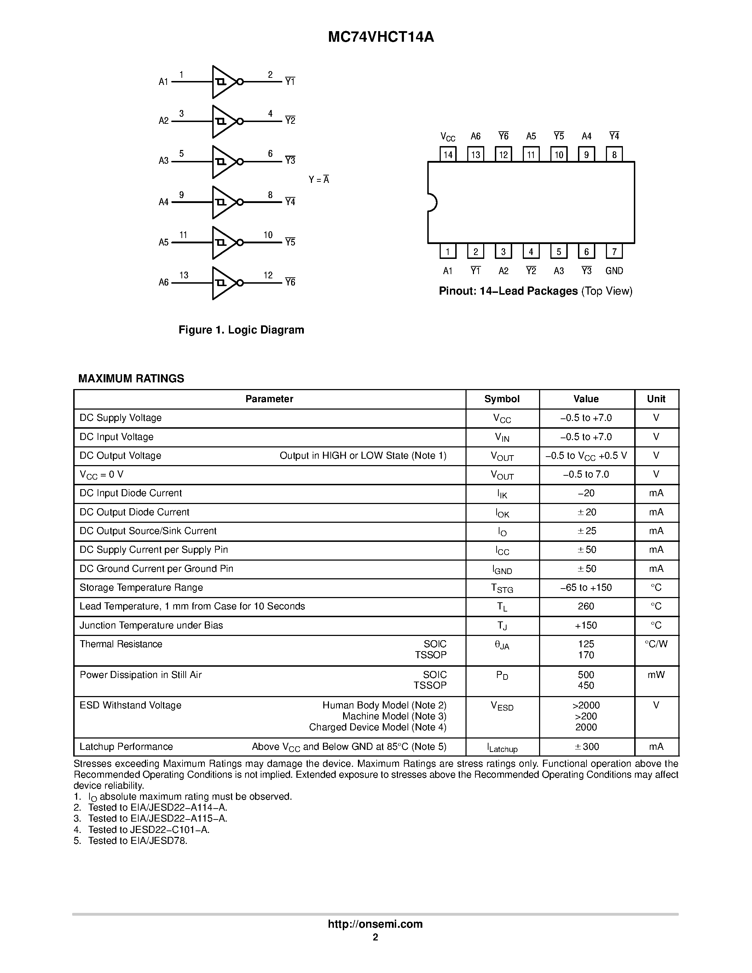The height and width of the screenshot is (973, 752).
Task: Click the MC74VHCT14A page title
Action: [381, 37]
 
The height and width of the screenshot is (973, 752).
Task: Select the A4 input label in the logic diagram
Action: [163, 202]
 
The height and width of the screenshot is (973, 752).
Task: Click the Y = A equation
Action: [319, 180]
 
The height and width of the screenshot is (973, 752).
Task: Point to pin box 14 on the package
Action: [448, 155]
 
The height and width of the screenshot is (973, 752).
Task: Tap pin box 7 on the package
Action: [614, 252]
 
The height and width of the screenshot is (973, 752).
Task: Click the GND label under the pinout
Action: [614, 271]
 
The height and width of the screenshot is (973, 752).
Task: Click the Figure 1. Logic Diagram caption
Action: [241, 330]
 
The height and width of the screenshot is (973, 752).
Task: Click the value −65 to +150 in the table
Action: [586, 587]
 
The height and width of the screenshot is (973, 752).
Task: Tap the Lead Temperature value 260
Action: [586, 606]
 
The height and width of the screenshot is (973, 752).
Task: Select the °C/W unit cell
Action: [656, 644]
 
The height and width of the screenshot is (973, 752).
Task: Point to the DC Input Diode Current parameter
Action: [131, 493]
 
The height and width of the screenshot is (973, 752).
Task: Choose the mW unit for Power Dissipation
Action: [656, 675]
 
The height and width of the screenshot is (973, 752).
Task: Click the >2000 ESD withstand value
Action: [586, 706]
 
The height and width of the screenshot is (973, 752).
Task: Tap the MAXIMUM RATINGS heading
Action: [131, 379]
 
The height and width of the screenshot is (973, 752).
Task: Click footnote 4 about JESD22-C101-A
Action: [148, 829]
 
